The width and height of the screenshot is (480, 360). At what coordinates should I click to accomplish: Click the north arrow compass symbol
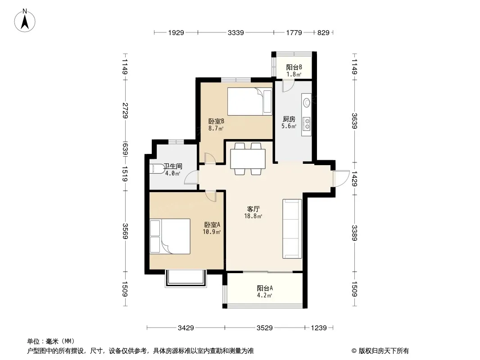pos(25,21)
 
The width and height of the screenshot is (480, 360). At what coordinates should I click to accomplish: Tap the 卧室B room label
pos(216,121)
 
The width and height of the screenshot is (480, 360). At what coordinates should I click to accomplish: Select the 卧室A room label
pos(212,225)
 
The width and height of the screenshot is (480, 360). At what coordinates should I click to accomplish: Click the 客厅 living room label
pos(253,209)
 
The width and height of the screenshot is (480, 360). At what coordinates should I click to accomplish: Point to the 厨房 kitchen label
pos(289,119)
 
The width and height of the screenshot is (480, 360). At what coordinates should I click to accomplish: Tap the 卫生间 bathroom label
pos(173,166)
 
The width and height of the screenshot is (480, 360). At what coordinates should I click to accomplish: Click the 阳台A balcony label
pos(265,288)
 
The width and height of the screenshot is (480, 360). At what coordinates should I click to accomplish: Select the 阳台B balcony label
pos(294,67)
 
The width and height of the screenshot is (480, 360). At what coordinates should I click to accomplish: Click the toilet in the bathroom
pos(156,169)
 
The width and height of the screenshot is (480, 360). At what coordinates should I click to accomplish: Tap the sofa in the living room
pos(292,229)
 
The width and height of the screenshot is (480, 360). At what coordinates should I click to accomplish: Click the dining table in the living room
pos(248,159)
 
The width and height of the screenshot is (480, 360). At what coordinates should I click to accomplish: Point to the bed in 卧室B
pos(250,102)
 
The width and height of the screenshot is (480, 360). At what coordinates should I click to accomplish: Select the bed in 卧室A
pos(170,236)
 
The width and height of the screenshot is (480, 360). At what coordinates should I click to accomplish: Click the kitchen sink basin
pos(307,102)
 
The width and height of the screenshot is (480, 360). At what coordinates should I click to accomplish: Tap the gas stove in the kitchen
pos(306,124)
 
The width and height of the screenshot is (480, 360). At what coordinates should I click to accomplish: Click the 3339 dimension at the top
pos(235,32)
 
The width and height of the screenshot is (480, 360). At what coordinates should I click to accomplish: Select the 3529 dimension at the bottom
pos(264,328)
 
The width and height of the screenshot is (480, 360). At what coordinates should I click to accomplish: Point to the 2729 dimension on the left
pos(125,110)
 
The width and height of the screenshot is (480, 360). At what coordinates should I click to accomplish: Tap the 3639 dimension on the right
pos(354,121)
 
